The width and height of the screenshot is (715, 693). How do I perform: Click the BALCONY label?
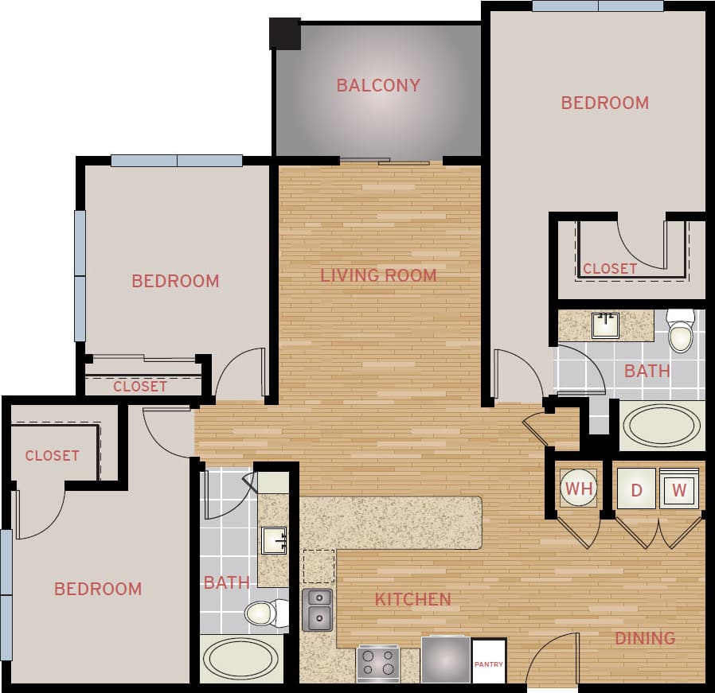(x=378, y=85)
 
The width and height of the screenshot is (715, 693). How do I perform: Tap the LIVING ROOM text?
(x=378, y=275)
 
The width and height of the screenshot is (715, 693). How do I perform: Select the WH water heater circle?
(x=579, y=489)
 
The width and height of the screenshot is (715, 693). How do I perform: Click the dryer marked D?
(x=637, y=489)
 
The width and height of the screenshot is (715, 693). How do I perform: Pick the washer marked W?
(x=678, y=489)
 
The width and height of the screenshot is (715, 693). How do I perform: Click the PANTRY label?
(x=489, y=662)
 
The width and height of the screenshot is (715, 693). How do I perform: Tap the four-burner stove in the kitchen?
(x=377, y=662)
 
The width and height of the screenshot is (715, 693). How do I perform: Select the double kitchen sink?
(x=317, y=609)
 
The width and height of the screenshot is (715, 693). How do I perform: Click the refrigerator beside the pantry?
(x=445, y=660)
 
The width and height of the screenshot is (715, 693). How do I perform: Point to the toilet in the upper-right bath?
(x=681, y=332)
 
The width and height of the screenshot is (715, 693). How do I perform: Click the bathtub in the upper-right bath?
(x=661, y=426)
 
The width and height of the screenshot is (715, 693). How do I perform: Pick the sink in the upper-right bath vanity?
(x=605, y=325)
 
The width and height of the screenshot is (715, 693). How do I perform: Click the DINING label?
(x=644, y=637)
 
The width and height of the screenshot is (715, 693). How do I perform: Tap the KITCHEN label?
(x=412, y=599)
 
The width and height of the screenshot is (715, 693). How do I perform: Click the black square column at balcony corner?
(x=285, y=33)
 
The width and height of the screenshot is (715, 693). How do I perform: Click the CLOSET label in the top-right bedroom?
(x=609, y=268)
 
